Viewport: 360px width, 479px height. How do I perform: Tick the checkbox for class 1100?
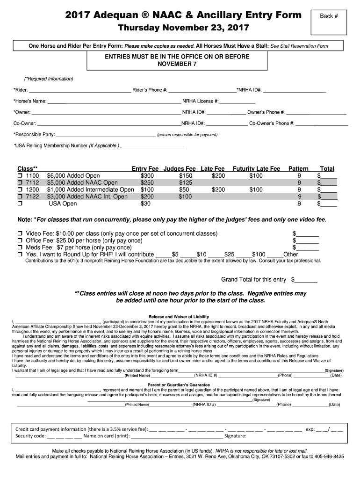pyautogui.click(x=20, y=176)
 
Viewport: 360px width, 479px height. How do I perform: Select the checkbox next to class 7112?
pyautogui.click(x=20, y=183)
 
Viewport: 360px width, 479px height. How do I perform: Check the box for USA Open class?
pyautogui.click(x=20, y=204)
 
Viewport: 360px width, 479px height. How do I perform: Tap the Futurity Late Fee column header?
pyautogui.click(x=256, y=168)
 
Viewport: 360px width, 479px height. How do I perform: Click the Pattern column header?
pyautogui.click(x=298, y=168)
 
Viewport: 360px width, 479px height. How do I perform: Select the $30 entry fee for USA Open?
pyautogui.click(x=146, y=204)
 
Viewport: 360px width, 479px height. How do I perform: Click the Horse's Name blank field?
pyautogui.click(x=114, y=102)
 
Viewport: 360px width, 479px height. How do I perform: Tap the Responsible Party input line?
pyautogui.click(x=106, y=135)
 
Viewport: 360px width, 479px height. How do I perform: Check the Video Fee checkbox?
pyautogui.click(x=20, y=233)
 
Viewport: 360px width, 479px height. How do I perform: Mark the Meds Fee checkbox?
pyautogui.click(x=20, y=247)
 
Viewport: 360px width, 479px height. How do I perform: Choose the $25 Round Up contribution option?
pyautogui.click(x=229, y=254)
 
